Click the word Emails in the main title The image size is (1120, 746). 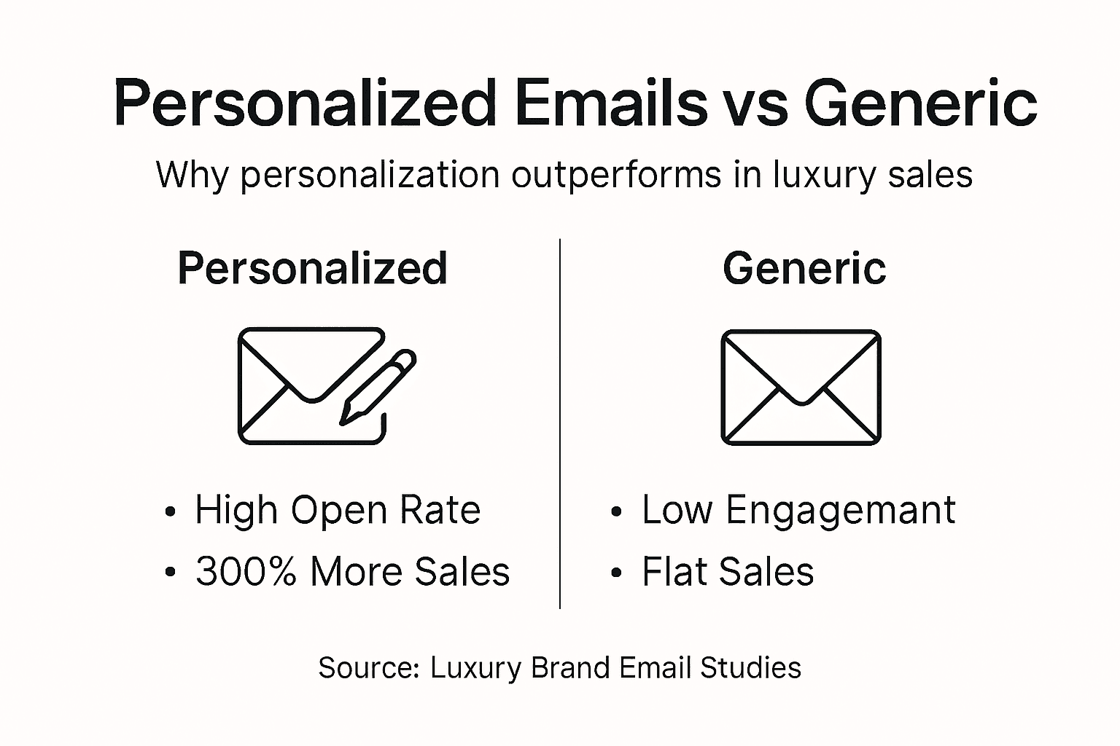pos(610,103)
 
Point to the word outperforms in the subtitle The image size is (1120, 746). pos(615,175)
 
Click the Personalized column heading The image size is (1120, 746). pos(312,268)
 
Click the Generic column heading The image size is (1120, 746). pos(804,268)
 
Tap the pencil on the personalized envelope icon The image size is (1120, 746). pos(378,386)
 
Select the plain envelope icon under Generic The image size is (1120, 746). pos(801,387)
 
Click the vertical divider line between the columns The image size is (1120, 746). pos(560,423)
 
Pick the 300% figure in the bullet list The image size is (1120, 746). pos(246,571)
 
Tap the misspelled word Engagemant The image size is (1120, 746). pos(840,510)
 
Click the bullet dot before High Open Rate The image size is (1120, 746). pos(171,511)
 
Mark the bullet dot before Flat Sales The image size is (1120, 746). pos(617,573)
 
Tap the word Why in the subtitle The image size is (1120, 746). pos(192,175)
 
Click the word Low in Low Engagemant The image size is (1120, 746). pos(677,510)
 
